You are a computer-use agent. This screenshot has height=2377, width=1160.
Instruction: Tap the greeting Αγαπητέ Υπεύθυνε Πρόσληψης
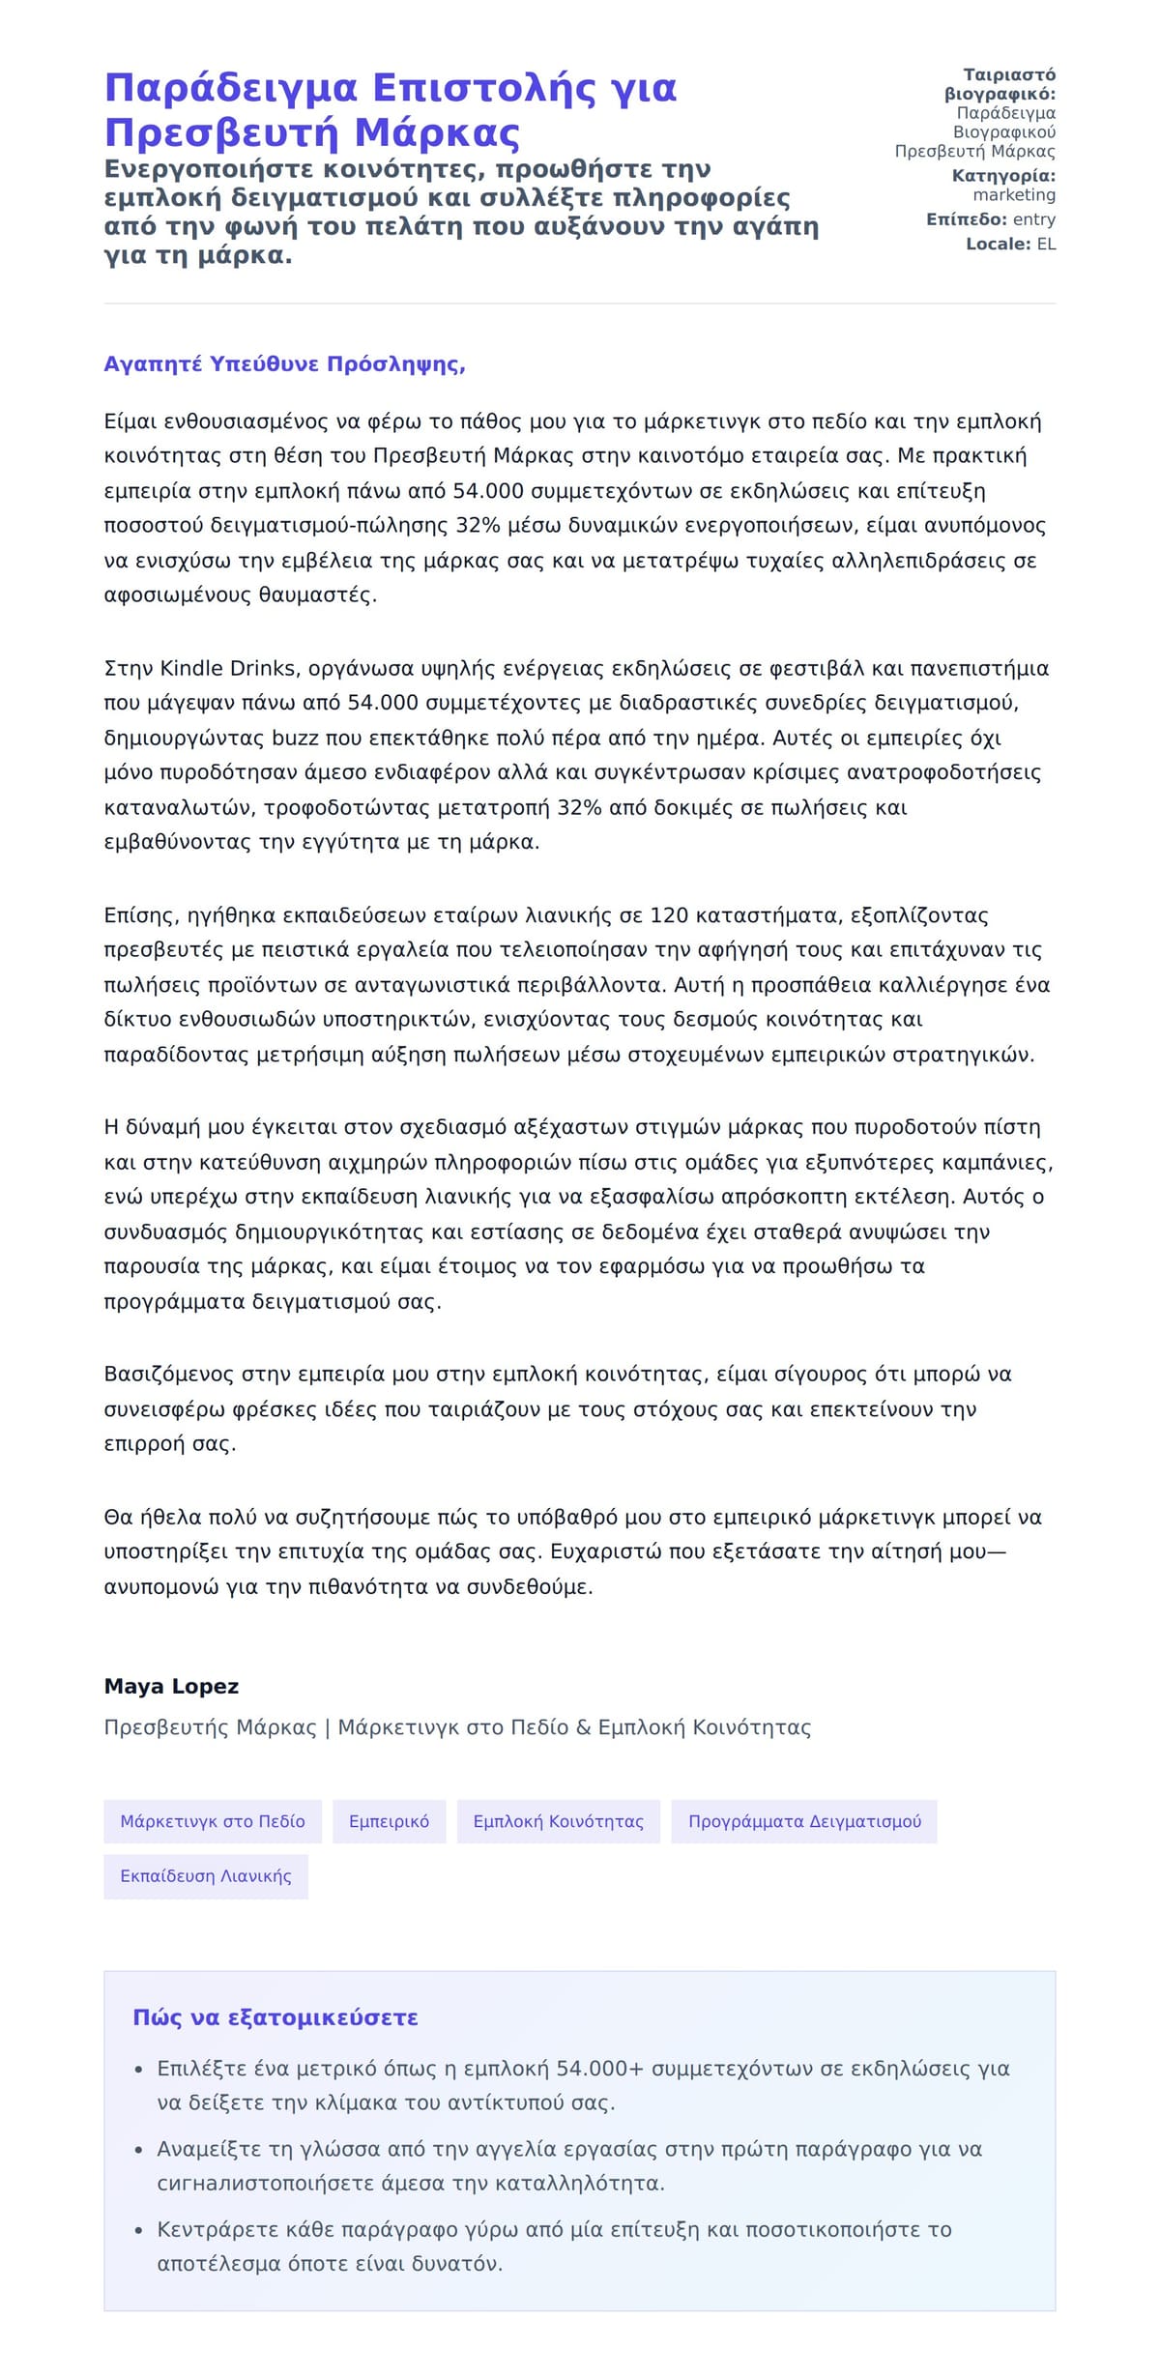click(x=284, y=364)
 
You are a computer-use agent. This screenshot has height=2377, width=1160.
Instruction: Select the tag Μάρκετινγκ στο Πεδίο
click(x=213, y=1821)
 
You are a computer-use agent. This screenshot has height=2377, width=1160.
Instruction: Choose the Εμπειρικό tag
click(x=389, y=1821)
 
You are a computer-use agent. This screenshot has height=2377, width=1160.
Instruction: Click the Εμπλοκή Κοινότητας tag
click(x=558, y=1821)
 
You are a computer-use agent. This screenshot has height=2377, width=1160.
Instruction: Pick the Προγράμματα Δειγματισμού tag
click(x=804, y=1821)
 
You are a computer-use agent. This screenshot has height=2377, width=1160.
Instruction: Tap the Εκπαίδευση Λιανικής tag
click(x=206, y=1875)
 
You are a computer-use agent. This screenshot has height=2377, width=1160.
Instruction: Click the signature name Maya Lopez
click(x=171, y=1686)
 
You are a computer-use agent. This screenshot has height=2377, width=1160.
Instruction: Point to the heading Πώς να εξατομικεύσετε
click(x=275, y=2017)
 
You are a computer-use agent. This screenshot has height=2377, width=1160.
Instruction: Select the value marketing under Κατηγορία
click(x=1014, y=194)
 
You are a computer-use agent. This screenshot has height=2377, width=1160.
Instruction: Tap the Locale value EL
click(x=1046, y=245)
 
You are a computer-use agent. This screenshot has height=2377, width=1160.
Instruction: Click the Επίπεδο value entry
click(x=1033, y=219)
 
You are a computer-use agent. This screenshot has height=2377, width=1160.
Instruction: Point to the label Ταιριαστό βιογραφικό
click(x=1001, y=84)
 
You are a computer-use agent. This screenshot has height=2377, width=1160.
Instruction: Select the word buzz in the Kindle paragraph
click(x=295, y=739)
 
